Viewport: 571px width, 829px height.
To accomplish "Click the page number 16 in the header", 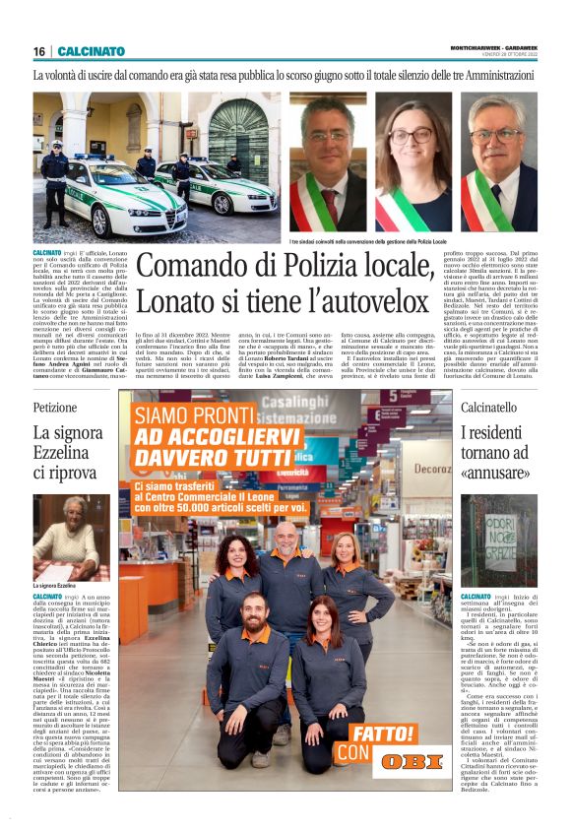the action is (39, 51).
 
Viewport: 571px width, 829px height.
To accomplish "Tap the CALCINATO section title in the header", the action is (92, 51).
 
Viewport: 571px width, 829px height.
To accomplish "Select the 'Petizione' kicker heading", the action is (55, 406).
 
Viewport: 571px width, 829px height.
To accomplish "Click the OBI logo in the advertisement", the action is (411, 762).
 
